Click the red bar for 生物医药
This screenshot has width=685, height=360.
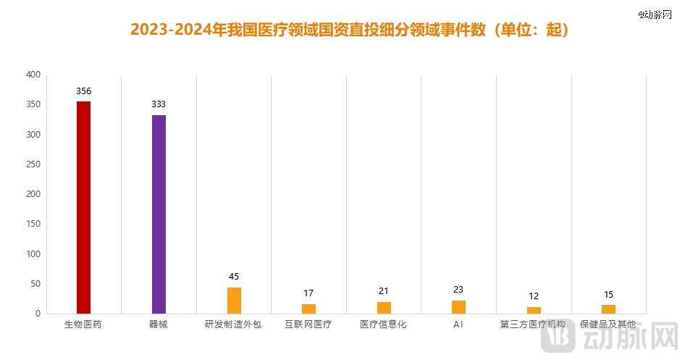pyautogui.click(x=84, y=207)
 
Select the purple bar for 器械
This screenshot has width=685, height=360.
pyautogui.click(x=159, y=214)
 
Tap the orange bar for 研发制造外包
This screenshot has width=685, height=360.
pyautogui.click(x=234, y=300)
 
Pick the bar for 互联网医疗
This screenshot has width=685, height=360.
pyautogui.click(x=308, y=309)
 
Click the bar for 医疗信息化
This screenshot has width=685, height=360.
pyautogui.click(x=384, y=307)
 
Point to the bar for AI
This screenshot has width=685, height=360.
pyautogui.click(x=458, y=306)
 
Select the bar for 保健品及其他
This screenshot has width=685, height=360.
pyautogui.click(x=608, y=309)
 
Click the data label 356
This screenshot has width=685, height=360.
pyautogui.click(x=84, y=91)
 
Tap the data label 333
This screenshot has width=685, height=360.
pyautogui.click(x=159, y=104)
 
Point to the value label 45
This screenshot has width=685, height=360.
pyautogui.click(x=234, y=277)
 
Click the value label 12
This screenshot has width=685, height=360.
pyautogui.click(x=534, y=296)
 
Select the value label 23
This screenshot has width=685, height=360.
pyautogui.click(x=458, y=290)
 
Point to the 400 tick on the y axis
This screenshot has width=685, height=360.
pyautogui.click(x=33, y=75)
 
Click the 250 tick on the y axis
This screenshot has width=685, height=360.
pyautogui.click(x=33, y=164)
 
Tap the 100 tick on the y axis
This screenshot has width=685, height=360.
pyautogui.click(x=33, y=254)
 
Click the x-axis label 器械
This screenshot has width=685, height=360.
pyautogui.click(x=159, y=325)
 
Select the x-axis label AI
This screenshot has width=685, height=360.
pyautogui.click(x=458, y=325)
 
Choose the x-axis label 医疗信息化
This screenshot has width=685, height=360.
pyautogui.click(x=384, y=325)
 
